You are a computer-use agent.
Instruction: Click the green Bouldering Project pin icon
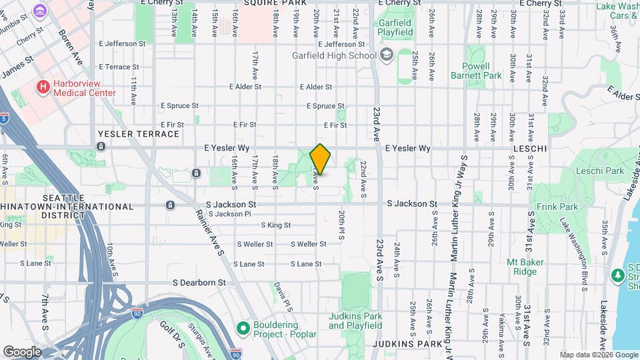[x=243, y=327]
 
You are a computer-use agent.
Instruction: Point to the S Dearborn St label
[x=199, y=283]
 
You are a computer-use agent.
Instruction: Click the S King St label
[x=276, y=225]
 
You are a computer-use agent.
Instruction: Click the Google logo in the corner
[x=21, y=351]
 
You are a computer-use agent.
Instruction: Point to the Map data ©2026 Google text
[x=599, y=355]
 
